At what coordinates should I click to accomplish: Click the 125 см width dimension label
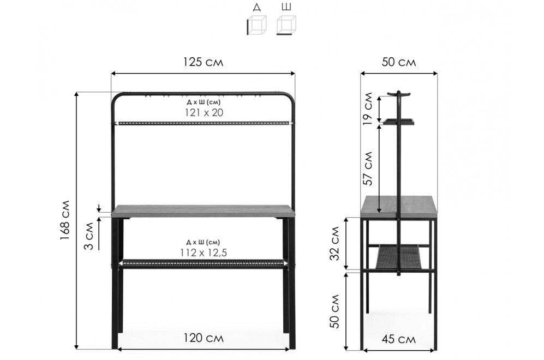(204, 62)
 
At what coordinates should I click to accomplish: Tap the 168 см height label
(65, 220)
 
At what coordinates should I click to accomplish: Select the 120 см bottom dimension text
(204, 338)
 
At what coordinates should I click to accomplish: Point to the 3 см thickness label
(89, 236)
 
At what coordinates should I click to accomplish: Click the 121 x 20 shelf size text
(204, 112)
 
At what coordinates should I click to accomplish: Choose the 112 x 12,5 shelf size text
(204, 253)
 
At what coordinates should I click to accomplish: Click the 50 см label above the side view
(399, 62)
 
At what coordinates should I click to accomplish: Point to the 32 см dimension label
(335, 243)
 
